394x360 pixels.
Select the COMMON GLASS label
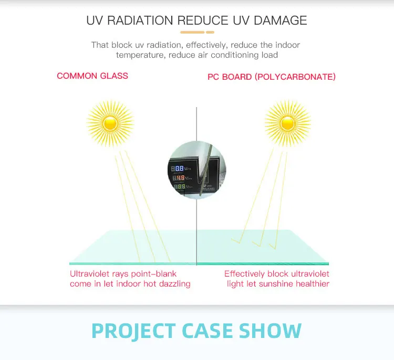click(92, 76)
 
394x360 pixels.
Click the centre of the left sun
click(110, 123)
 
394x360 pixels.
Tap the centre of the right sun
click(287, 123)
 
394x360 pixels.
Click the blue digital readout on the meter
click(179, 168)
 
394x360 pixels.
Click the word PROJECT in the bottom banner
click(133, 331)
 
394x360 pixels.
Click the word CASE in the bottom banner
click(207, 331)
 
